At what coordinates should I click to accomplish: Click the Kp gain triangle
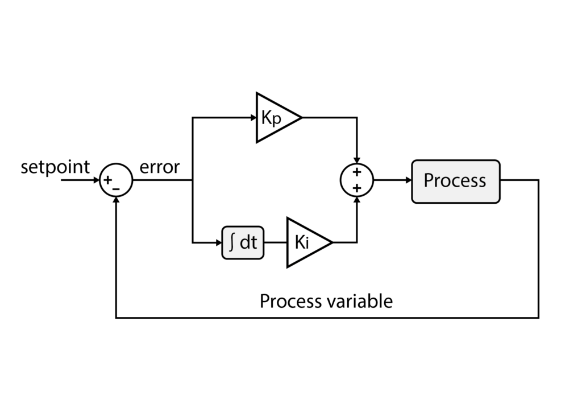[274, 118]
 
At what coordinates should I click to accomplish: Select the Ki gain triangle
[305, 242]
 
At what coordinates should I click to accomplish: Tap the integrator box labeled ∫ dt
[243, 243]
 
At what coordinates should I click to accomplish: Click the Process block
[455, 181]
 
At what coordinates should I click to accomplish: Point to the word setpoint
[55, 167]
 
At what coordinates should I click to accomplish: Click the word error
[159, 167]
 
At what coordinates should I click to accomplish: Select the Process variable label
[326, 300]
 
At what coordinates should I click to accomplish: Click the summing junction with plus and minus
[116, 181]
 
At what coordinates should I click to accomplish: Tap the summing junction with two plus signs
[357, 181]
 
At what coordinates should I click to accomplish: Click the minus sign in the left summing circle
[117, 188]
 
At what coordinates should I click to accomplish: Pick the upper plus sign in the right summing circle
[357, 172]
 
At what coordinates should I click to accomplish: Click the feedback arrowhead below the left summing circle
[116, 201]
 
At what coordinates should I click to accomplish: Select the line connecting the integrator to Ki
[275, 243]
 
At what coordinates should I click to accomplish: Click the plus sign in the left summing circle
[108, 180]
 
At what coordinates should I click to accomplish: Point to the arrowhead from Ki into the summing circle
[357, 201]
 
